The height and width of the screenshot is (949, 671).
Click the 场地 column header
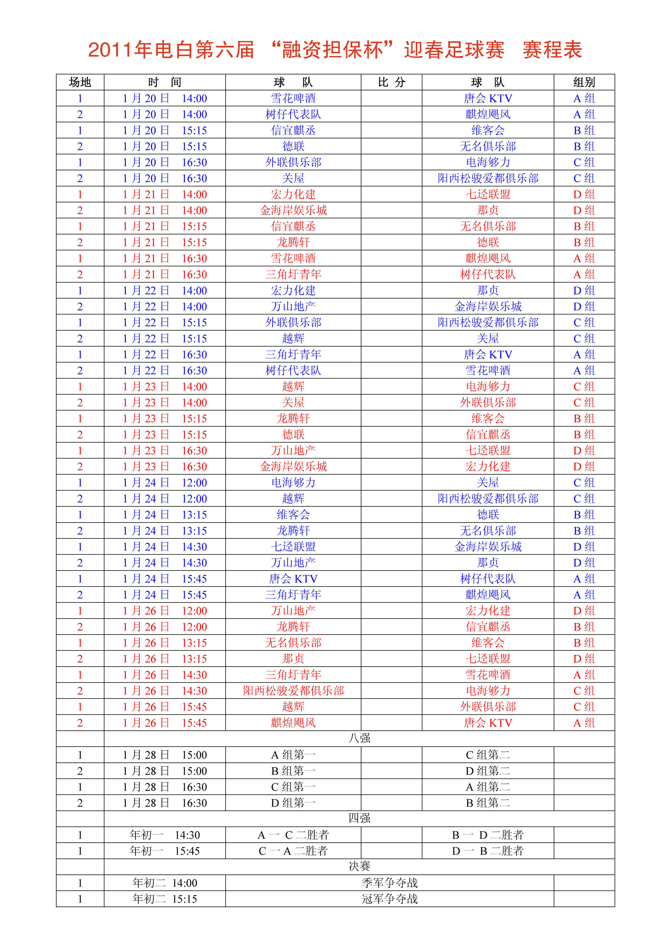[80, 82]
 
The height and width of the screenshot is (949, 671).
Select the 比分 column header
[391, 82]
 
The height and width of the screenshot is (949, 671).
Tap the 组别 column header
[584, 82]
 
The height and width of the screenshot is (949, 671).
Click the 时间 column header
[164, 82]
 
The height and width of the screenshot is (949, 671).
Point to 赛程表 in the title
[553, 50]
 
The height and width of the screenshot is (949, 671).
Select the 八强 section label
[359, 738]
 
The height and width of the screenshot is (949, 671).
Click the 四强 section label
[359, 818]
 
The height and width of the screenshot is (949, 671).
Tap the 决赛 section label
[359, 866]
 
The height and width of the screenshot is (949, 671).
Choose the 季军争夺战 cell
[389, 882]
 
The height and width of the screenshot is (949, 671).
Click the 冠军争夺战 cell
[389, 899]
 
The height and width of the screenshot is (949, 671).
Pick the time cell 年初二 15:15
[164, 899]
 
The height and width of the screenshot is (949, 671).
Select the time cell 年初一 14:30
[164, 835]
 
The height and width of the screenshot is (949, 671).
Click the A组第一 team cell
[293, 755]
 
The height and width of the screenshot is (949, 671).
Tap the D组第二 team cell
[488, 771]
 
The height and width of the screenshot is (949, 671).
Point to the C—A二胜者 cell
[293, 851]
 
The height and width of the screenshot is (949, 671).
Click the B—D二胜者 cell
[488, 835]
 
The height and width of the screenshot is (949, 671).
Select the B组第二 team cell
[488, 803]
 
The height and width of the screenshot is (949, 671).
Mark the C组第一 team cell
[293, 787]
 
